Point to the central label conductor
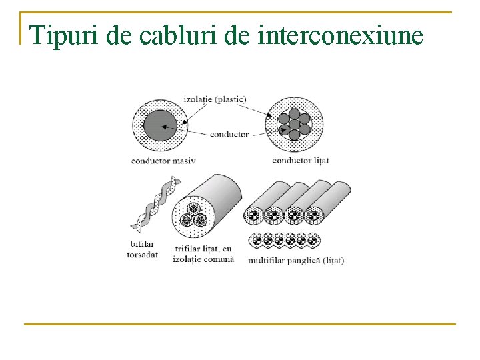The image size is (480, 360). click(229, 134)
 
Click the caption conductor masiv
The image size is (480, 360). click(163, 161)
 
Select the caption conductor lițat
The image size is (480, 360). click(301, 161)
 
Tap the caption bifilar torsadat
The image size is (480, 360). click(142, 249)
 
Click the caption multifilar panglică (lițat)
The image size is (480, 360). click(295, 260)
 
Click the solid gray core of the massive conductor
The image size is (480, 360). click(161, 125)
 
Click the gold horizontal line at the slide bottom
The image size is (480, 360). click(239, 325)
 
